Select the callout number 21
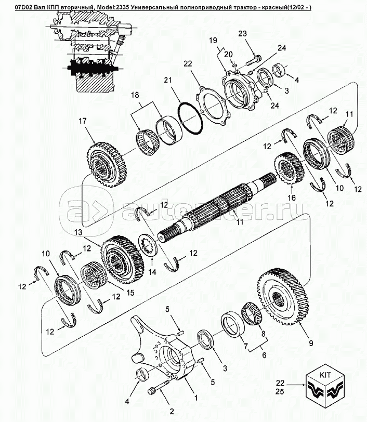pyautogui.click(x=166, y=81)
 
